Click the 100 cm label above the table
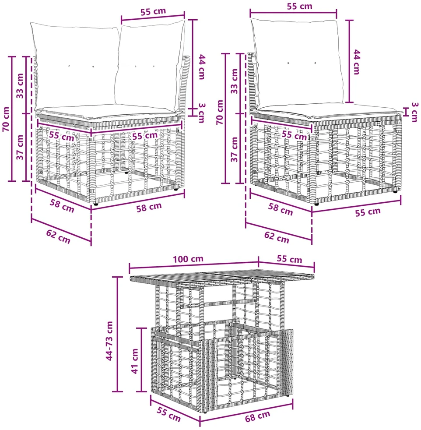click(x=188, y=259)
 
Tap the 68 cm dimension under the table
click(x=258, y=416)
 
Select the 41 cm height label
click(x=135, y=361)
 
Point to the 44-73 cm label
click(x=109, y=341)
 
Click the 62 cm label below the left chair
click(x=58, y=236)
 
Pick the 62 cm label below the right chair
click(x=277, y=237)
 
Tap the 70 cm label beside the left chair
click(x=6, y=119)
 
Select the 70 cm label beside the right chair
click(x=220, y=113)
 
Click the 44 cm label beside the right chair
click(x=356, y=62)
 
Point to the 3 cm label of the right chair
click(x=415, y=112)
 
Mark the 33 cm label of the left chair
click(x=20, y=85)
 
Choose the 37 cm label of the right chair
click(x=234, y=149)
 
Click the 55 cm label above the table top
click(x=289, y=259)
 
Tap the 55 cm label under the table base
click(x=168, y=414)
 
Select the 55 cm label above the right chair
click(x=300, y=6)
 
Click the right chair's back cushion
click(x=297, y=63)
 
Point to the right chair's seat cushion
click(x=329, y=112)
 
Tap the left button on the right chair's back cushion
click(x=288, y=63)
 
